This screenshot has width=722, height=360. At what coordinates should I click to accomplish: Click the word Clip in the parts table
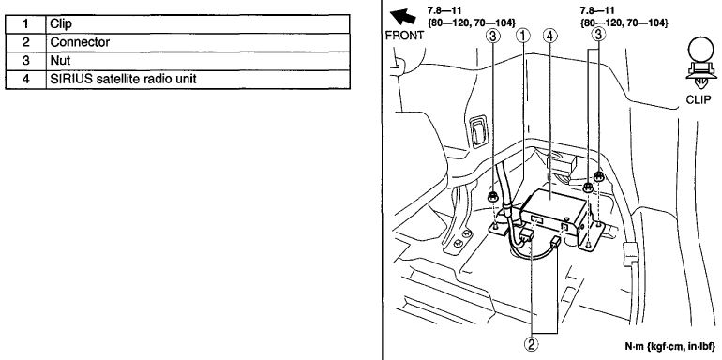[x=61, y=24]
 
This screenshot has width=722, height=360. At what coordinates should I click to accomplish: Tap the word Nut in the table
[x=60, y=60]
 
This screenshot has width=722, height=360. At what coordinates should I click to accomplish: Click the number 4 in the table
[x=26, y=79]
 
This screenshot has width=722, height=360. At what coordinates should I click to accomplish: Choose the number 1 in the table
[x=26, y=24]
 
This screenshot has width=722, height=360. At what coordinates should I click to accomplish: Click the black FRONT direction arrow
[x=402, y=17]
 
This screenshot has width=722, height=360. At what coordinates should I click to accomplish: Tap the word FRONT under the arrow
[x=404, y=36]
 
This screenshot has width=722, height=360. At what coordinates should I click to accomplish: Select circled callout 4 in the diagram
[x=550, y=35]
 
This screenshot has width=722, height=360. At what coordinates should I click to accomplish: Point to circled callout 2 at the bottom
[x=532, y=344]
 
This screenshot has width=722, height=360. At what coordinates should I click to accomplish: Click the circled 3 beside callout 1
[x=493, y=35]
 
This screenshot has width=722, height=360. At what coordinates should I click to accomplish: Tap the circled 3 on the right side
[x=598, y=34]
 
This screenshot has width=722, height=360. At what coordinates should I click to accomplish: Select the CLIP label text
[x=699, y=99]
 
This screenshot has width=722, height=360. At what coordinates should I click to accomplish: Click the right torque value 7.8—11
[x=596, y=10]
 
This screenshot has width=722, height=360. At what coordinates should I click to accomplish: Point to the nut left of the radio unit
[x=492, y=198]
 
